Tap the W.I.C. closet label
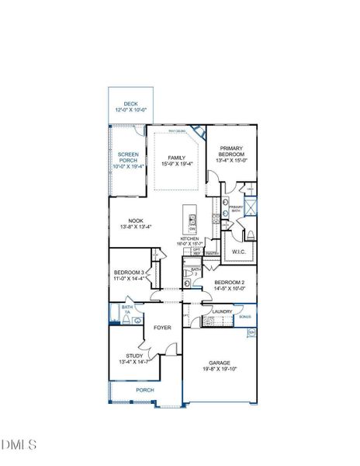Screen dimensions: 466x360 point(238,252)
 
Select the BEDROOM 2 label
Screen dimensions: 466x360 point(230,282)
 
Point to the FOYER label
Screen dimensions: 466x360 point(162,328)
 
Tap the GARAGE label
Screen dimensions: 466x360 point(219,362)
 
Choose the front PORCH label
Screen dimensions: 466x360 point(144,390)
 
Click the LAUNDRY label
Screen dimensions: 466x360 point(223,311)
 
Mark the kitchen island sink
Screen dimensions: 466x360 point(192,212)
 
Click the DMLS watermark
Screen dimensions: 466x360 point(19,444)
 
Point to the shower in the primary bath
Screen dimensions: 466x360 point(249,207)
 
